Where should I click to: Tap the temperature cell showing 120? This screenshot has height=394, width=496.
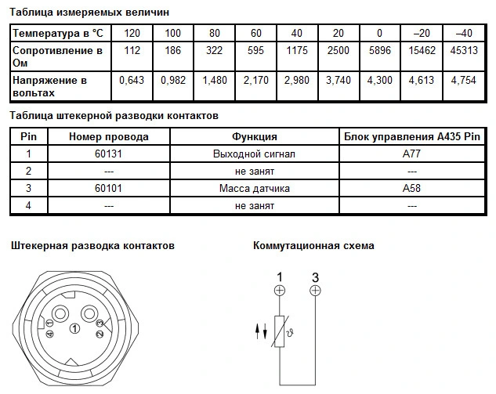pos(132,34)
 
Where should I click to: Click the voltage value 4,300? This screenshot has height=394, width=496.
pos(380,81)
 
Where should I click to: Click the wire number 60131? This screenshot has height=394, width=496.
pos(109,154)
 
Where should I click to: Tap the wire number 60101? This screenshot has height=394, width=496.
pos(109,189)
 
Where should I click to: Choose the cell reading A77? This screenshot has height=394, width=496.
pos(411,154)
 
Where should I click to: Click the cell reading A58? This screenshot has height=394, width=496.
pos(411,189)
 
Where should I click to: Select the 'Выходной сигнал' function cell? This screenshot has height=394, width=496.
pos(255,154)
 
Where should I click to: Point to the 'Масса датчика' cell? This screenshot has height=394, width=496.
pos(255,189)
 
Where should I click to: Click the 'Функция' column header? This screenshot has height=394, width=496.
pos(255,137)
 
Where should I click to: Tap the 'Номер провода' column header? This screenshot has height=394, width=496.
pos(109,137)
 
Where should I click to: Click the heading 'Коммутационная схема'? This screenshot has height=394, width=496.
pos(313,245)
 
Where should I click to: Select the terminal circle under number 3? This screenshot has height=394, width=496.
pos(315,291)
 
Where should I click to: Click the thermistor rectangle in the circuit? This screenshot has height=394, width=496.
pos(280,331)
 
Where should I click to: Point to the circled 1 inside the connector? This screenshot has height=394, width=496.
pos(74,328)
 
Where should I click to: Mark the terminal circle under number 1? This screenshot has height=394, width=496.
pos(280,291)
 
